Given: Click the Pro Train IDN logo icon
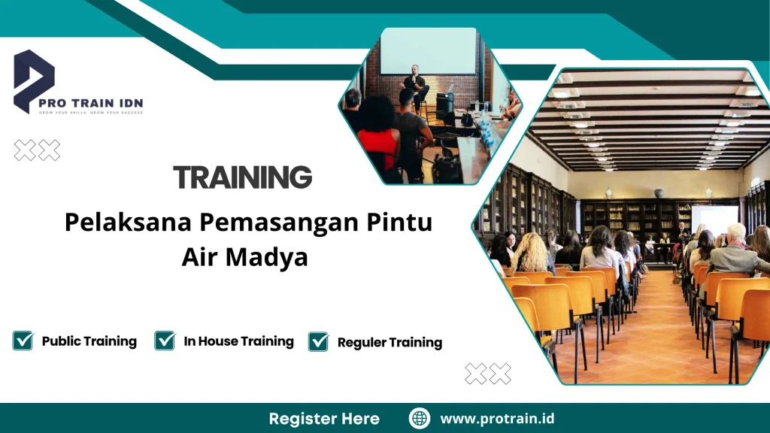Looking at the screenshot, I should (34, 79).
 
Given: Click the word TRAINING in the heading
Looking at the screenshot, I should (242, 177).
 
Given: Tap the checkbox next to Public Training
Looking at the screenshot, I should (23, 341).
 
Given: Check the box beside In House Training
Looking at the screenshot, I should (165, 341).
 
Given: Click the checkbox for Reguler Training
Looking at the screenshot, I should (318, 341).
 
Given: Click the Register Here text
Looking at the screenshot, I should (324, 419).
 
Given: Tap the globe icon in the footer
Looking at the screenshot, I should (420, 419).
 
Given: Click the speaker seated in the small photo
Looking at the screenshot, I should (414, 82).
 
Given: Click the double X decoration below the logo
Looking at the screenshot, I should (37, 150).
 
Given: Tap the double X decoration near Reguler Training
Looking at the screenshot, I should (487, 374).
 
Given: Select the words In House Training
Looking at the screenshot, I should (238, 341).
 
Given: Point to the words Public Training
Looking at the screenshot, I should (89, 341).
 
